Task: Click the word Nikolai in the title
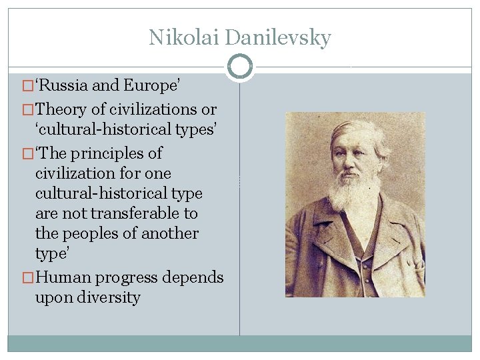coord(185,37)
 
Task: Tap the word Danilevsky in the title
coord(278,37)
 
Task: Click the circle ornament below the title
coord(240,67)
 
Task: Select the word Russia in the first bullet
coord(63,86)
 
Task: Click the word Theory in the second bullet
coord(61,109)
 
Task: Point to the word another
coord(166,233)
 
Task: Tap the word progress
coord(125,278)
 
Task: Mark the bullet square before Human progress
coord(27,278)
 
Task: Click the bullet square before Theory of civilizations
coord(27,109)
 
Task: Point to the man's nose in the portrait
coord(352,159)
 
